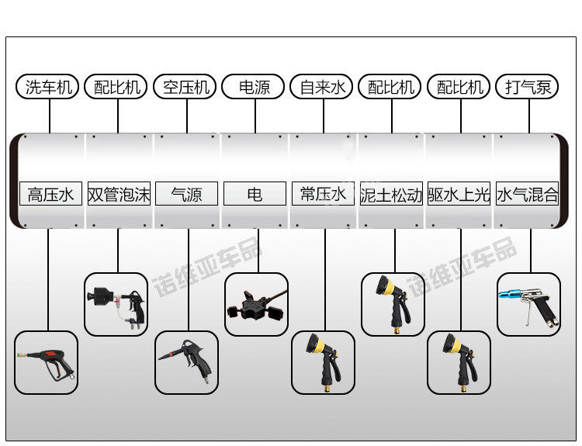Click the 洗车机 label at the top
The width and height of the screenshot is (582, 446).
click(48, 87)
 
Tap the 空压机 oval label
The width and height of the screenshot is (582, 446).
click(186, 87)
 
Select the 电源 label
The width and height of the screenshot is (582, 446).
click(255, 87)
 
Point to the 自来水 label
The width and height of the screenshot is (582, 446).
click(322, 87)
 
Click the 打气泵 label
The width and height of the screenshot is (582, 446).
click(528, 87)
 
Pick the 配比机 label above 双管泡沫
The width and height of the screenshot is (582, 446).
click(117, 87)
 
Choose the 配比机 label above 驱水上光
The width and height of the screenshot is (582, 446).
click(460, 87)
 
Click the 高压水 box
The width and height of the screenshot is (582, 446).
click(50, 194)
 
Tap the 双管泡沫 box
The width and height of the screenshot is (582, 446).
click(119, 194)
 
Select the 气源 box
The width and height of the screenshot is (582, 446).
click(186, 194)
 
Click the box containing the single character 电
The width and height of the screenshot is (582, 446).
click(255, 194)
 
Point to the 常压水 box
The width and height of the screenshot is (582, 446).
click(323, 193)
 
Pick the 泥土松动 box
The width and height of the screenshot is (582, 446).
click(391, 194)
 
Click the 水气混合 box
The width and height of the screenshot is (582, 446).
click(528, 194)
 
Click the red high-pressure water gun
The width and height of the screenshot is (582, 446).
click(47, 363)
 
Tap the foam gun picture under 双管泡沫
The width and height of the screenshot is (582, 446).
click(116, 304)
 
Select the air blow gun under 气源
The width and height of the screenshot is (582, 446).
click(186, 363)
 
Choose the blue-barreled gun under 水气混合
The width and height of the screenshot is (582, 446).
click(528, 304)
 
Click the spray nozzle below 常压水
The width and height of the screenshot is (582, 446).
click(323, 363)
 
